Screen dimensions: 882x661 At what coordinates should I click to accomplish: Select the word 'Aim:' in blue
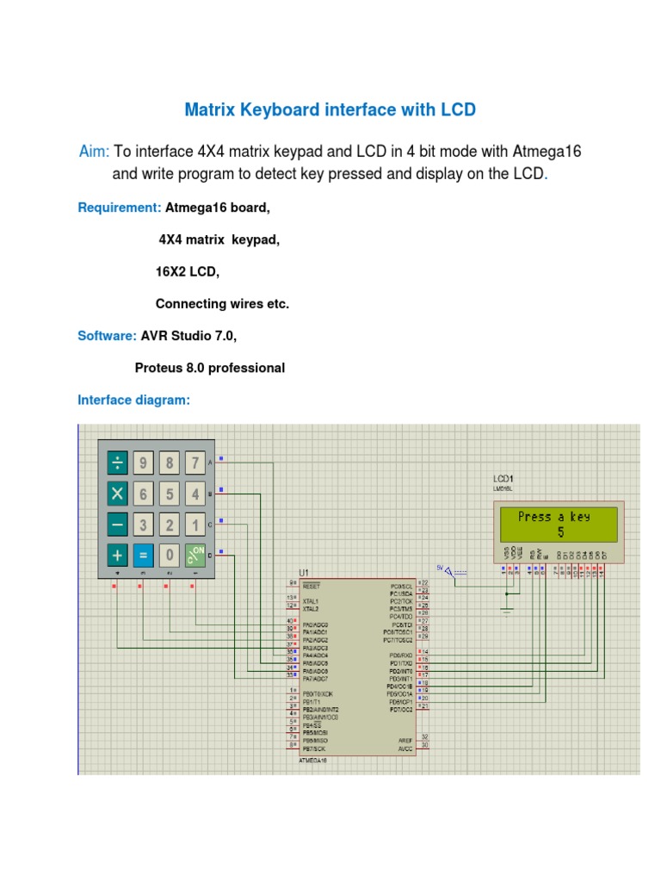93,152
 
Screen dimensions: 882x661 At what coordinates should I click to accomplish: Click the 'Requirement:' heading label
120,208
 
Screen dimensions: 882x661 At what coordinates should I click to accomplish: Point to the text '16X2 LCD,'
188,271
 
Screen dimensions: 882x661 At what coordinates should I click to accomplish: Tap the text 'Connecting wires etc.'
222,304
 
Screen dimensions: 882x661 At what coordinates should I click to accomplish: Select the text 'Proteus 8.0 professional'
210,368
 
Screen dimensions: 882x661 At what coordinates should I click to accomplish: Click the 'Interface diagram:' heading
133,400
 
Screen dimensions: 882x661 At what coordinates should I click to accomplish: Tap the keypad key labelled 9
144,464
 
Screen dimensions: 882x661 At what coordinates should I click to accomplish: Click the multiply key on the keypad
117,494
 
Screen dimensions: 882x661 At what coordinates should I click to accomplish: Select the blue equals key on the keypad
144,554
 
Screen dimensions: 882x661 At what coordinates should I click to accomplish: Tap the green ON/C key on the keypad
196,554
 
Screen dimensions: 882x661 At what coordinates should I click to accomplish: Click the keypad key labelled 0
170,554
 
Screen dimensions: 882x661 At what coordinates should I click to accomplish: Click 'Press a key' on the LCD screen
553,517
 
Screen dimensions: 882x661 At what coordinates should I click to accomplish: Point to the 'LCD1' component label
503,478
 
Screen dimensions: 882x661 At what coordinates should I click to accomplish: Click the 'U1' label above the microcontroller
303,572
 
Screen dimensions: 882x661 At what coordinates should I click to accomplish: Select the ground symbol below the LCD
508,611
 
